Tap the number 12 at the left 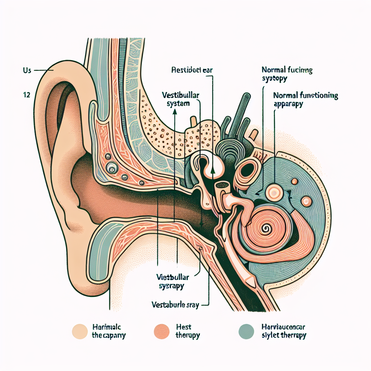(x=26, y=95)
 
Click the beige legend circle (x=80, y=331)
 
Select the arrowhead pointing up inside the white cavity (x=213, y=170)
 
